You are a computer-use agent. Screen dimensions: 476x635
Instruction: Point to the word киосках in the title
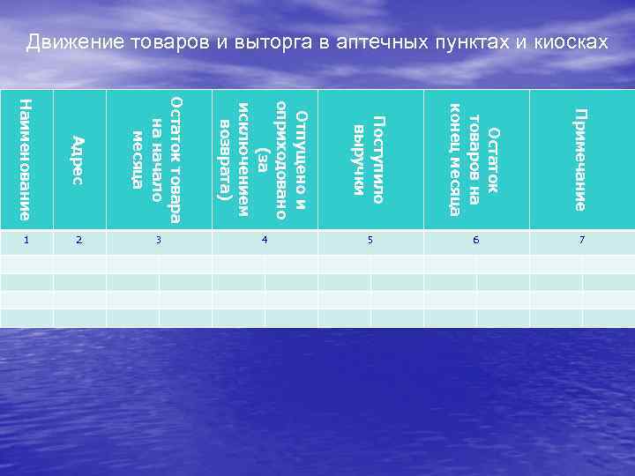(x=571, y=42)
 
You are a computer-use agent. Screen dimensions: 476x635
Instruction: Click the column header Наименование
(x=26, y=160)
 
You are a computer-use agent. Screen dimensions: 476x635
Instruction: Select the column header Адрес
(x=78, y=160)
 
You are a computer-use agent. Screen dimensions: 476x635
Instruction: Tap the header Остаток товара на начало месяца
(x=156, y=160)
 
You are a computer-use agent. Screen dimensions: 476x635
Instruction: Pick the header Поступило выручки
(x=370, y=160)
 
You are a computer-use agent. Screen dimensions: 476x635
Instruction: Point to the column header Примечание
(x=579, y=160)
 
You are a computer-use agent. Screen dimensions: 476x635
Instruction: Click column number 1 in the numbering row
(x=26, y=239)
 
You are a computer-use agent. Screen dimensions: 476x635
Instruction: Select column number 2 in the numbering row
(x=79, y=239)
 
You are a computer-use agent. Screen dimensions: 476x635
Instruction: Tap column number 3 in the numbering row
(x=158, y=239)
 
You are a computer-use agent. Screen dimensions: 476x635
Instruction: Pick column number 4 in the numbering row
(x=265, y=239)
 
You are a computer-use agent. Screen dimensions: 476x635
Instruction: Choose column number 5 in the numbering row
(x=370, y=239)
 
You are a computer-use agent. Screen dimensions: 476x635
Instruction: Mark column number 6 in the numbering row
(x=475, y=239)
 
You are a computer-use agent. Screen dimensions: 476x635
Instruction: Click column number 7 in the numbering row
(x=581, y=239)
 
